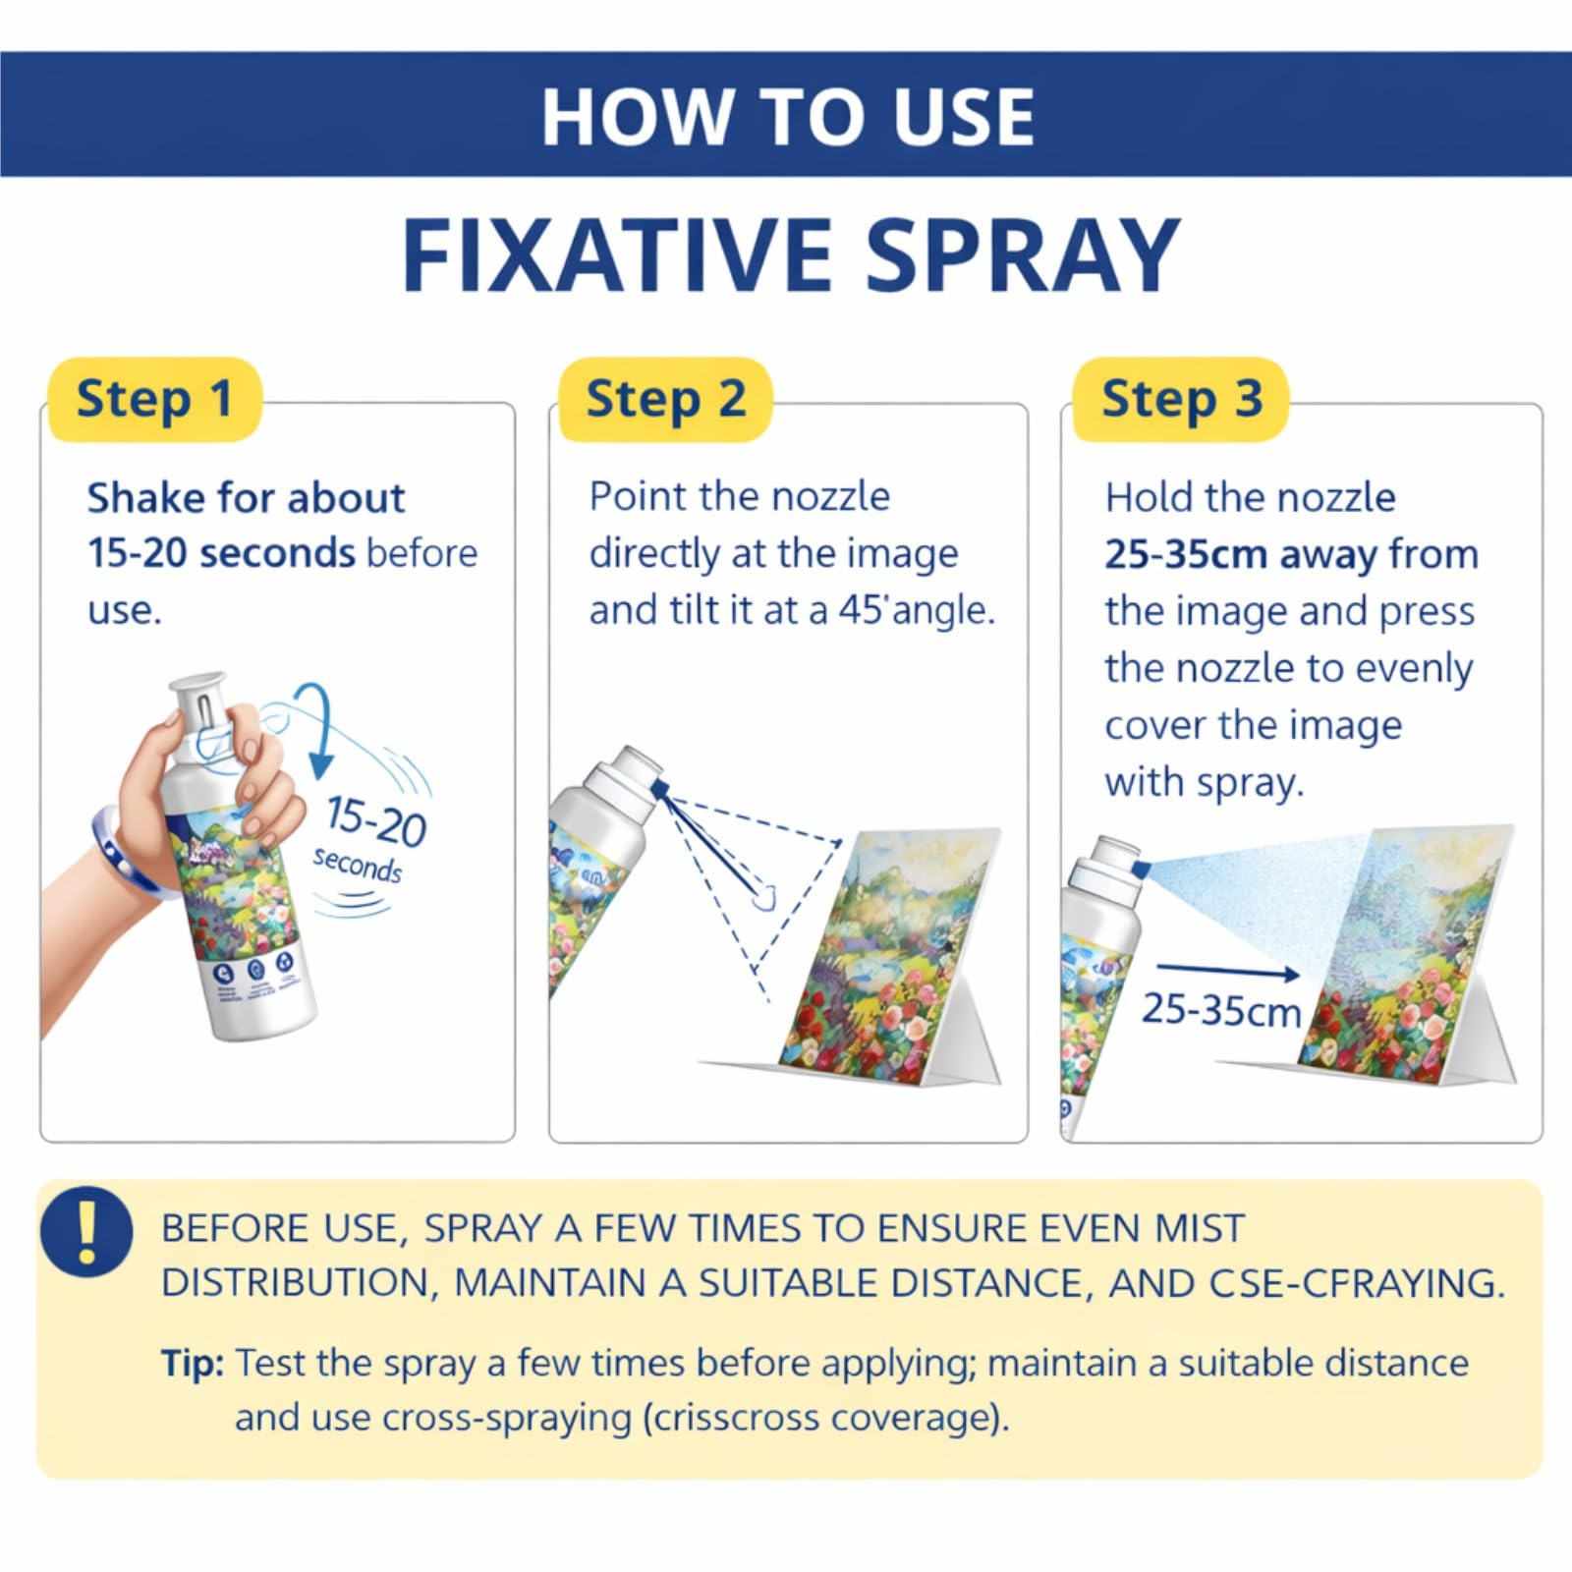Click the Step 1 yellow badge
[154, 399]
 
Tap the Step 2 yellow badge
[665, 399]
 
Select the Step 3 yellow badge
[1180, 399]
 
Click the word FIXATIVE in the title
[617, 255]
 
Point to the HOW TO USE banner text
[788, 117]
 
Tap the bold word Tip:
[193, 1364]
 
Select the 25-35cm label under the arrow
[1220, 1010]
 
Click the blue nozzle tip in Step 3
[1141, 870]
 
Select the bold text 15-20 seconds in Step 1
[221, 553]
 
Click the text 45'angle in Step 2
[916, 611]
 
